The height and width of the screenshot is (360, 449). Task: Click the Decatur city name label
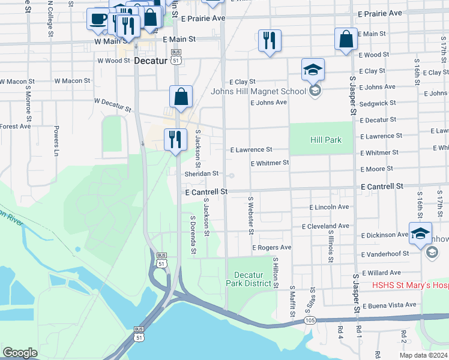(x=149, y=61)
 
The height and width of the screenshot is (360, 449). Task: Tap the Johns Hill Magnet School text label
(x=258, y=91)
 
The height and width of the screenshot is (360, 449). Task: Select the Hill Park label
(x=326, y=140)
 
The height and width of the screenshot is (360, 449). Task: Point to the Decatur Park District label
(x=249, y=279)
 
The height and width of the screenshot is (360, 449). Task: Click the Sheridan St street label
(x=201, y=173)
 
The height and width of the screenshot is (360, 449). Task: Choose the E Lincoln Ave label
(x=329, y=207)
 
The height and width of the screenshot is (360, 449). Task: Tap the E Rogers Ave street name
(x=271, y=247)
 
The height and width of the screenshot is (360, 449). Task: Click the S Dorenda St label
(x=193, y=235)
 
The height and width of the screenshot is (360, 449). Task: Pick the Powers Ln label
(x=56, y=137)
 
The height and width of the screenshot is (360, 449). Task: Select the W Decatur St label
(x=113, y=106)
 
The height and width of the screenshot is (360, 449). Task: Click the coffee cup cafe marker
(x=97, y=19)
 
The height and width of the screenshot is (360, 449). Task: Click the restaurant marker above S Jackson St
(x=175, y=140)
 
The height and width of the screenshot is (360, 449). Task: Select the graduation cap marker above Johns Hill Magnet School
(x=313, y=70)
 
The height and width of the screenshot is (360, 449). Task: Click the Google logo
(x=20, y=353)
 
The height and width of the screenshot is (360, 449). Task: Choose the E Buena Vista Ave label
(x=388, y=305)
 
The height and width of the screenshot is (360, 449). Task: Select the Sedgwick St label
(x=378, y=103)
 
